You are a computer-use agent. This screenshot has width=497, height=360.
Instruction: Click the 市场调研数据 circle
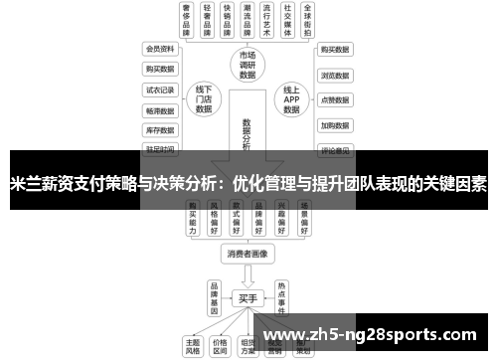(x=248, y=63)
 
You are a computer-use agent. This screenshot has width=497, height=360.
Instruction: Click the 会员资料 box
(x=159, y=49)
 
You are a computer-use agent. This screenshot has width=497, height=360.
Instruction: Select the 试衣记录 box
(x=159, y=90)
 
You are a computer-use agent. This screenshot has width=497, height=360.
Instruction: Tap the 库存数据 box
(x=159, y=130)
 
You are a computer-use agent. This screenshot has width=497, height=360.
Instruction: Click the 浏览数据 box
(x=334, y=75)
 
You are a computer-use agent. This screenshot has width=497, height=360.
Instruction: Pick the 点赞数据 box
(x=334, y=100)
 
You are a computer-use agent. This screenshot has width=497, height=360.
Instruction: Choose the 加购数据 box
(x=334, y=126)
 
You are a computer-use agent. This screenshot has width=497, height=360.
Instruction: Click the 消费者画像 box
(x=248, y=254)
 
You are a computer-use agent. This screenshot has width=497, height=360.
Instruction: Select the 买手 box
(x=248, y=297)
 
